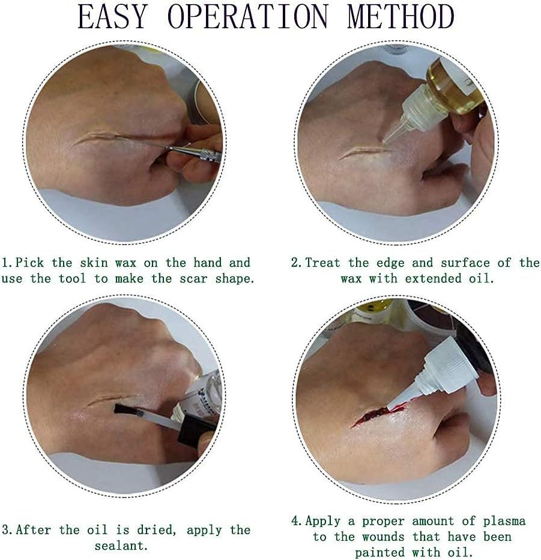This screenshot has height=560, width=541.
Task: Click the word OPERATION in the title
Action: [247, 17]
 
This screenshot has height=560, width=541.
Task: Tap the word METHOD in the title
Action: [400, 17]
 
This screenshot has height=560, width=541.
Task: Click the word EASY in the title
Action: [112, 17]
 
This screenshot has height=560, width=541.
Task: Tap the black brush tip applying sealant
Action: [126, 410]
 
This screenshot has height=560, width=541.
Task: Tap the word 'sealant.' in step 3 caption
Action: [121, 546]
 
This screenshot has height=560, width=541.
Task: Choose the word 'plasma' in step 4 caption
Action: [504, 521]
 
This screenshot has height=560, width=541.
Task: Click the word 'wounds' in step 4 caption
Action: [383, 537]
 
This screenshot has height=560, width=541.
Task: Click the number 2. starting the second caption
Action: [297, 263]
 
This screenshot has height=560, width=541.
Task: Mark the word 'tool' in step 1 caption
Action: [73, 279]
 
